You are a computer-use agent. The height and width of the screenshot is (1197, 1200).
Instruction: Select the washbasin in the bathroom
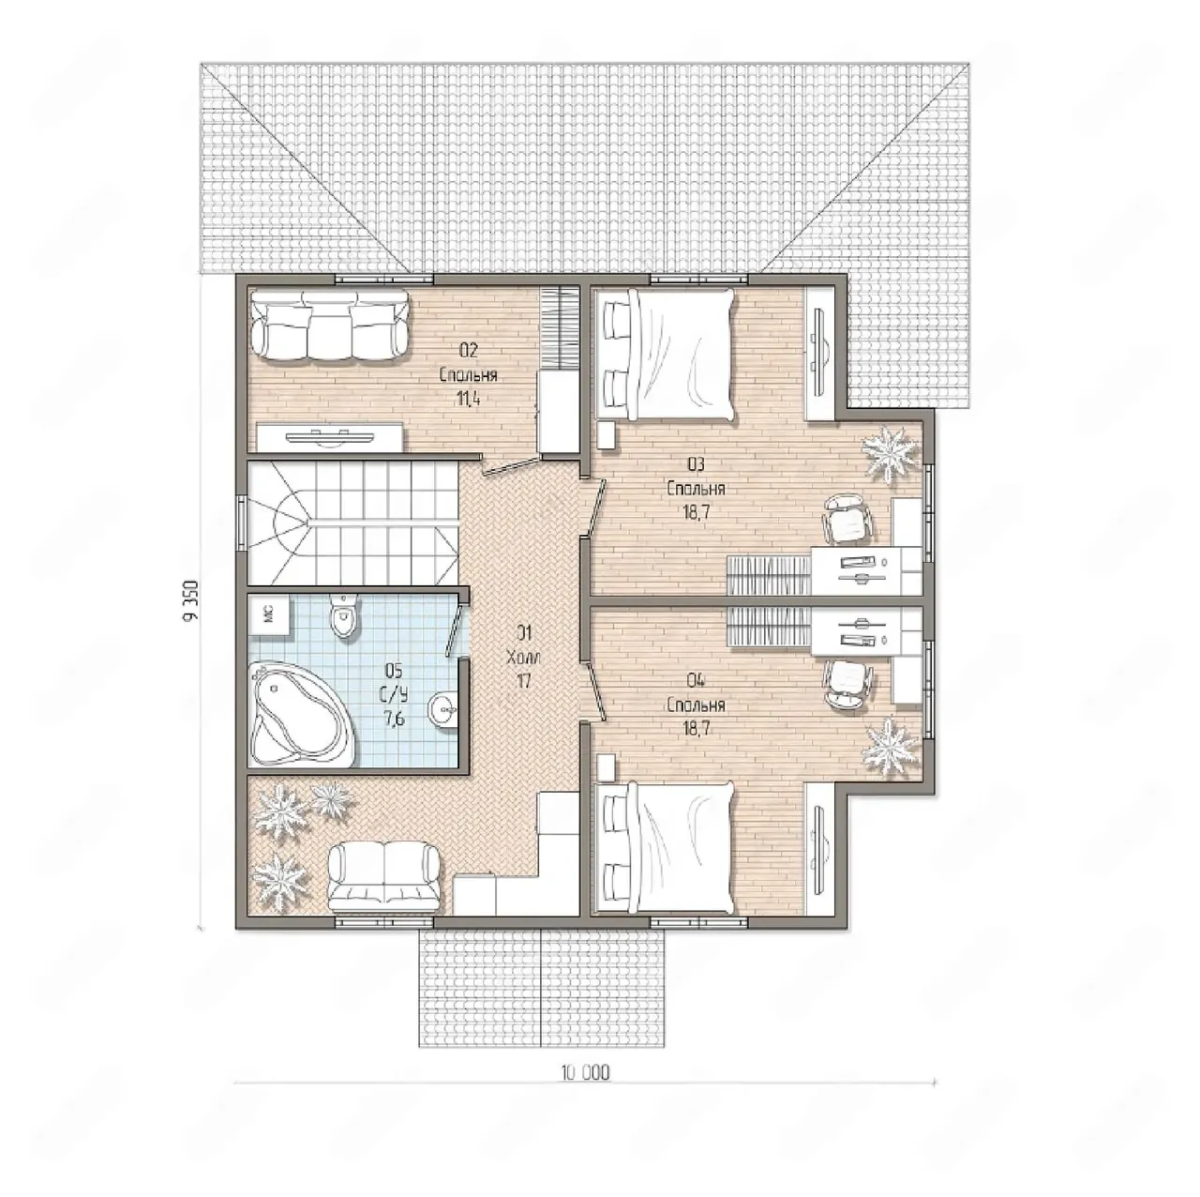(x=443, y=708)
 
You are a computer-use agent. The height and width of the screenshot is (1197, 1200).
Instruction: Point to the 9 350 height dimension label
(x=191, y=600)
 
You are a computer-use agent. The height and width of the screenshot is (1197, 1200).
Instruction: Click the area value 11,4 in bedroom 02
(x=469, y=399)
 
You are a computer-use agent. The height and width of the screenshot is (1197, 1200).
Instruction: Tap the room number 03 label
(x=697, y=464)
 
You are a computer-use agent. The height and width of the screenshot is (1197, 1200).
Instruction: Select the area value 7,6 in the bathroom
(x=395, y=719)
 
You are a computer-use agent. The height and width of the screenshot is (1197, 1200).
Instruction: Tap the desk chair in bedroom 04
(x=848, y=684)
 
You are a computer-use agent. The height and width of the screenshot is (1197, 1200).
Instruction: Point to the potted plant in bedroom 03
(x=891, y=452)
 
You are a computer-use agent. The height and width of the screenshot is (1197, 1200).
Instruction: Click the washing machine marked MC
(x=269, y=614)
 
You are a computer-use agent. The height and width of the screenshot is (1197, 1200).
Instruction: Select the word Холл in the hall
(x=524, y=658)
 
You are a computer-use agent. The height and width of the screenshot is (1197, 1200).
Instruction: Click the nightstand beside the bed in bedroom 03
(x=607, y=434)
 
